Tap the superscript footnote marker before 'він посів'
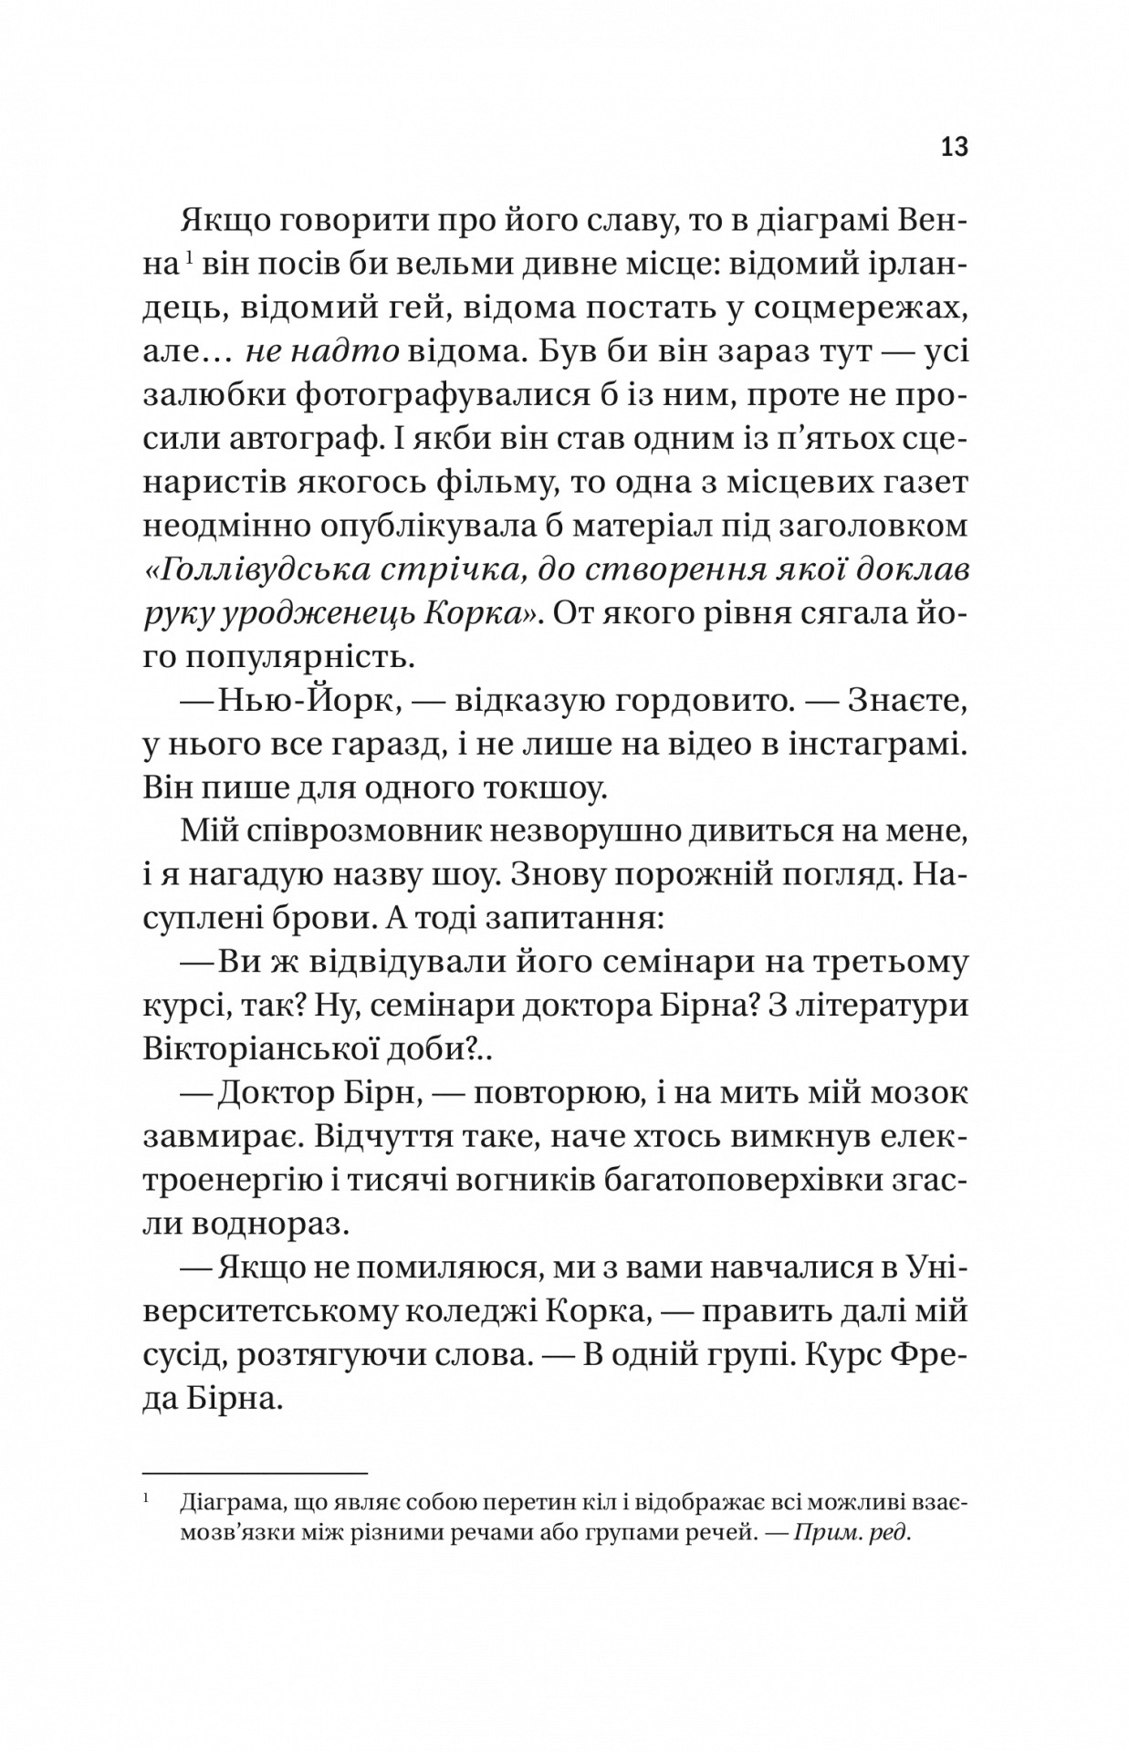tap(186, 261)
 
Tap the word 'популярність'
tap(273, 658)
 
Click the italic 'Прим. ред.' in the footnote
tap(852, 1532)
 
